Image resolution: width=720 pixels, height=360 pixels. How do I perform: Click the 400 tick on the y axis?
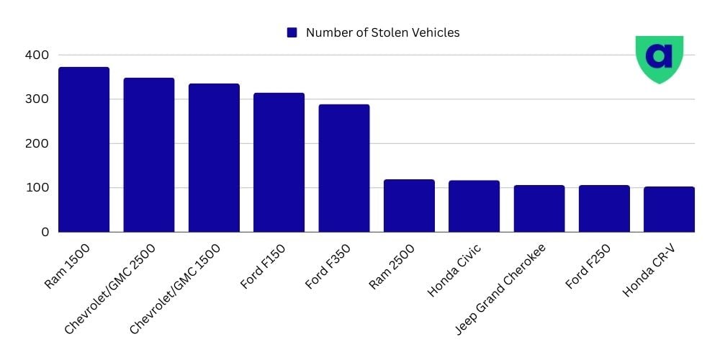(35, 55)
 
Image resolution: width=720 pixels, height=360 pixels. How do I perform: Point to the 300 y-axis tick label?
(35, 99)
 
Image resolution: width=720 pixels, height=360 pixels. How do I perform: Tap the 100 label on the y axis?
(35, 188)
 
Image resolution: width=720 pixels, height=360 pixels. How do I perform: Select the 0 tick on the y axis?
(44, 232)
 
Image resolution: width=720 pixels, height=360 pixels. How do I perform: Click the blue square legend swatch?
(292, 32)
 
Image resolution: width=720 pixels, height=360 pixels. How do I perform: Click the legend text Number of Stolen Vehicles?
(382, 32)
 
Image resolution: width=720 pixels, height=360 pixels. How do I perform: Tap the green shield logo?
(659, 58)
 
